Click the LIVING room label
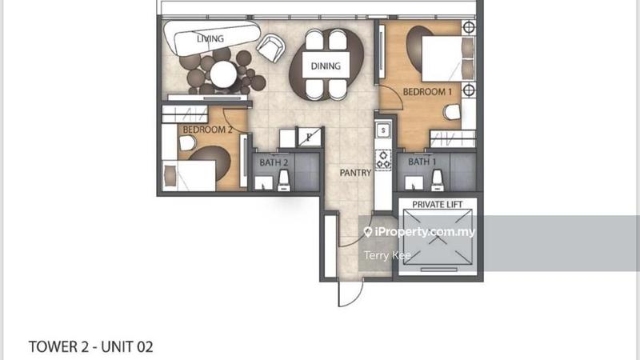point(210,38)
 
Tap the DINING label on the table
point(326,66)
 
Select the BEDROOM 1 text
point(427,92)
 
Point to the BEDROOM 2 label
point(207,130)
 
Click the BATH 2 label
point(274,162)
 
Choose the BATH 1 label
point(422,162)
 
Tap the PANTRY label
point(355,173)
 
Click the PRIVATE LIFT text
point(437,205)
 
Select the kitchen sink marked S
point(383,130)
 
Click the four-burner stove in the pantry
point(383,159)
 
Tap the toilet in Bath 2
point(284,181)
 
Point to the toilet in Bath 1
point(437,180)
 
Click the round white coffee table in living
point(223,74)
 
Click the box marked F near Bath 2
point(309,137)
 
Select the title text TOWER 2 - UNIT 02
point(90,347)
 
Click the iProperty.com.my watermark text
point(425,232)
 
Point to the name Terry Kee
point(387,255)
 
